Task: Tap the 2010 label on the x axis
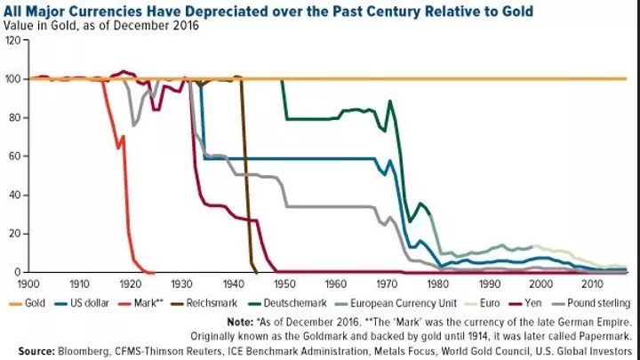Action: [588, 284]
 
